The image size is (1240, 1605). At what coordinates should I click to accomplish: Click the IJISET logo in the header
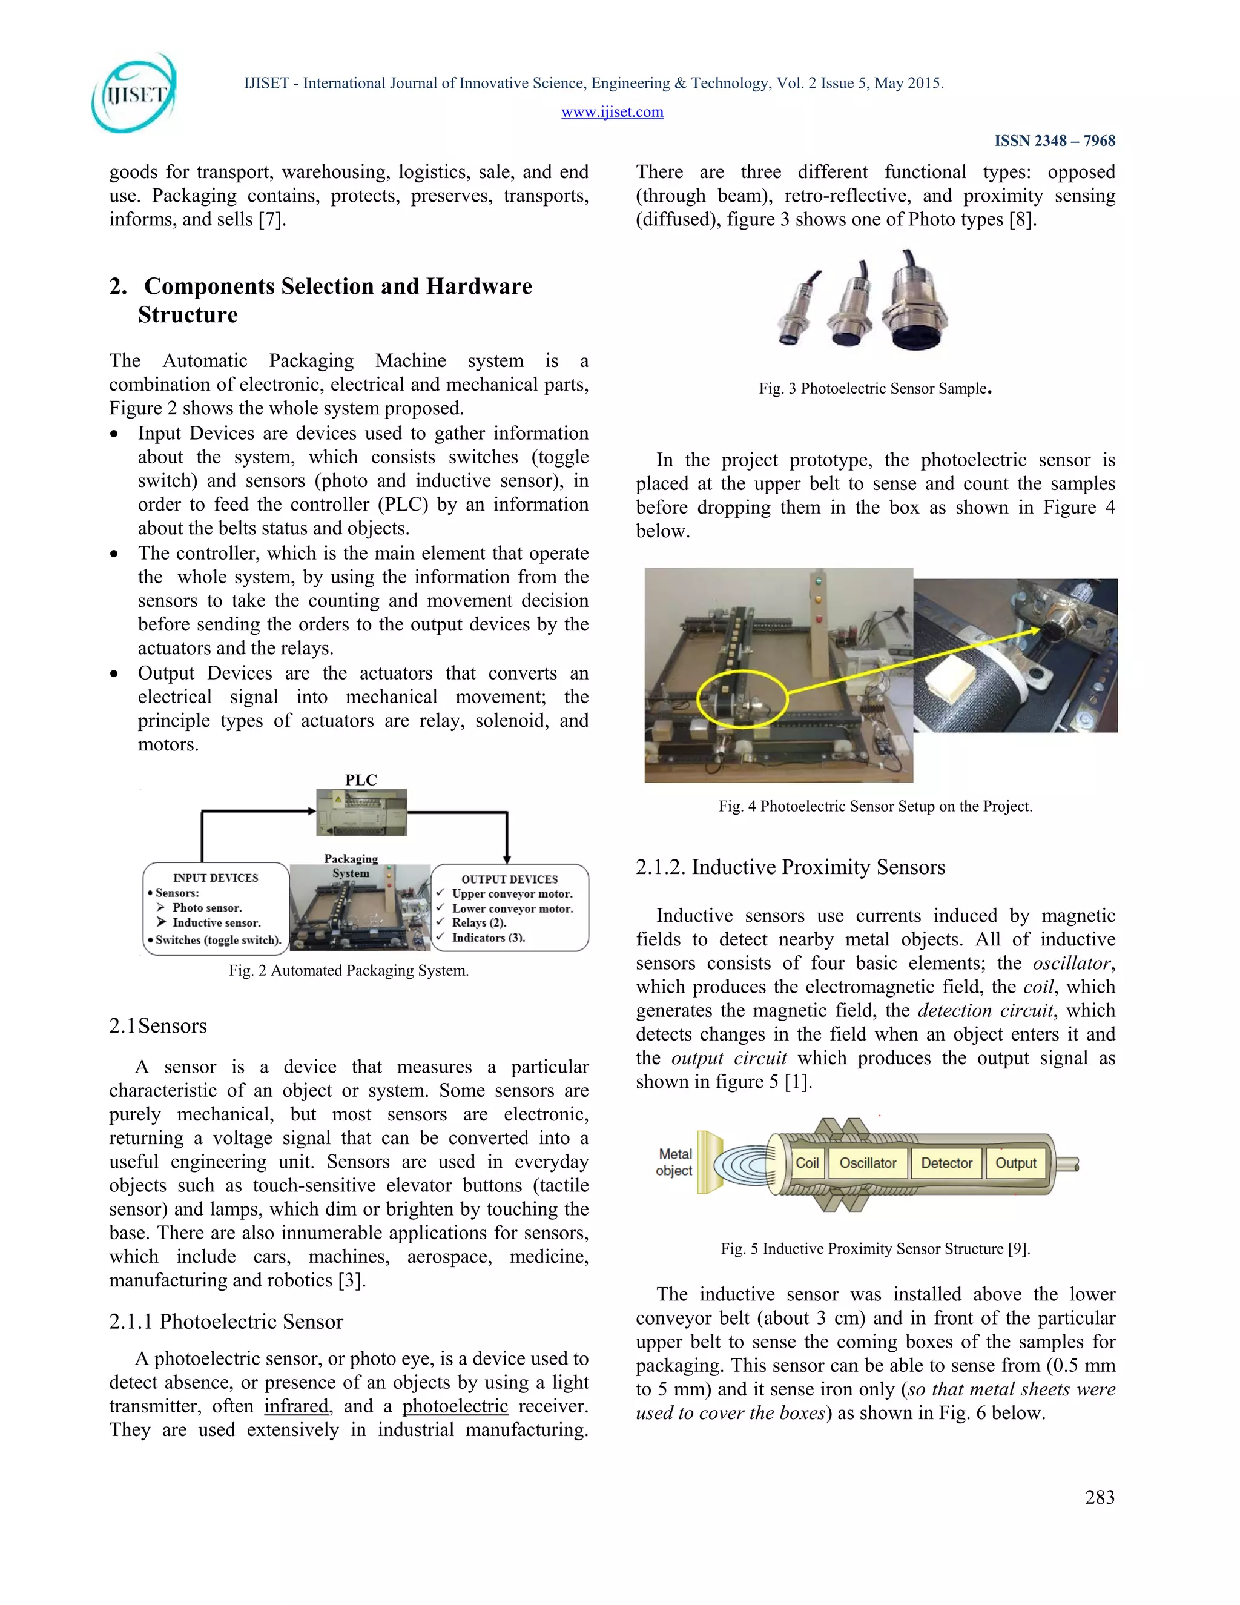[134, 94]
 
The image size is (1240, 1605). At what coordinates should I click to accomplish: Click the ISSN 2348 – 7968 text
[1054, 141]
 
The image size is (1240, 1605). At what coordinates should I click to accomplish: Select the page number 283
[1099, 1497]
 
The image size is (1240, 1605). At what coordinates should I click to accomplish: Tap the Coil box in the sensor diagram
[806, 1163]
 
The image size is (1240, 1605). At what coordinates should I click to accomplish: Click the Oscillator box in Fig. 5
[868, 1163]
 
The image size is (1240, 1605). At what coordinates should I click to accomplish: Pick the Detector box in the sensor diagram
[946, 1163]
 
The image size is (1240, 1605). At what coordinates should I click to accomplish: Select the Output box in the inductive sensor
[1015, 1163]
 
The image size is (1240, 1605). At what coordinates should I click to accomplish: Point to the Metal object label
[674, 1162]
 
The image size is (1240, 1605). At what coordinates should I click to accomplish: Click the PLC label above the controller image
[361, 779]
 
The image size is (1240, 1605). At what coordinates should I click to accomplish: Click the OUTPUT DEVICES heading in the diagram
[509, 879]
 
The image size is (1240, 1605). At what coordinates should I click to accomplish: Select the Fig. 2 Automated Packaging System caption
[348, 970]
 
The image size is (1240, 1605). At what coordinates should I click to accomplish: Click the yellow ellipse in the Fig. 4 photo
[742, 698]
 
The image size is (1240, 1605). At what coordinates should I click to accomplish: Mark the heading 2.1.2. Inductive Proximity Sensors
[790, 867]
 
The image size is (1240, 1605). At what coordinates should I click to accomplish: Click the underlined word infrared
[296, 1406]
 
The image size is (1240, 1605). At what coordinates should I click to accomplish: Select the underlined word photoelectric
[455, 1406]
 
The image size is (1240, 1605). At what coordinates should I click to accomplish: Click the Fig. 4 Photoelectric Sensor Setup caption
[875, 806]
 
